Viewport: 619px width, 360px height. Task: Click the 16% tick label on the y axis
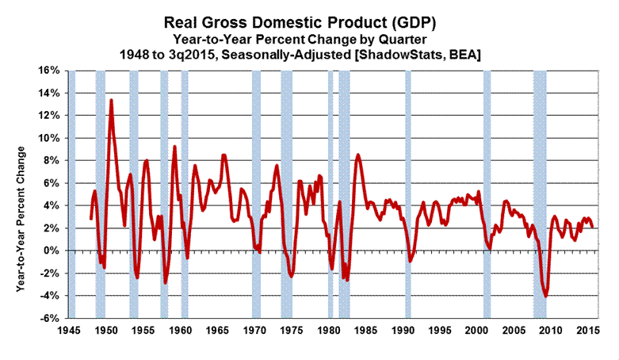(x=50, y=71)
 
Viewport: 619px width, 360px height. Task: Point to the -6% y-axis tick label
(x=50, y=319)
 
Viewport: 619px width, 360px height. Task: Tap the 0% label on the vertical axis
(x=52, y=251)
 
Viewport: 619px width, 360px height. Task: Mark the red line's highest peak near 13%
(x=111, y=100)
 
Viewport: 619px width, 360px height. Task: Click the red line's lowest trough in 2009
(x=545, y=296)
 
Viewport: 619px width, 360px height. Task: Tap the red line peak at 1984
(x=358, y=155)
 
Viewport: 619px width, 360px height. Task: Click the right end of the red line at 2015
(x=593, y=227)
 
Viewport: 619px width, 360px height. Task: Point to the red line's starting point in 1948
(x=90, y=219)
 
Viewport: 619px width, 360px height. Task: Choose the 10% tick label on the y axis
(x=50, y=139)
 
